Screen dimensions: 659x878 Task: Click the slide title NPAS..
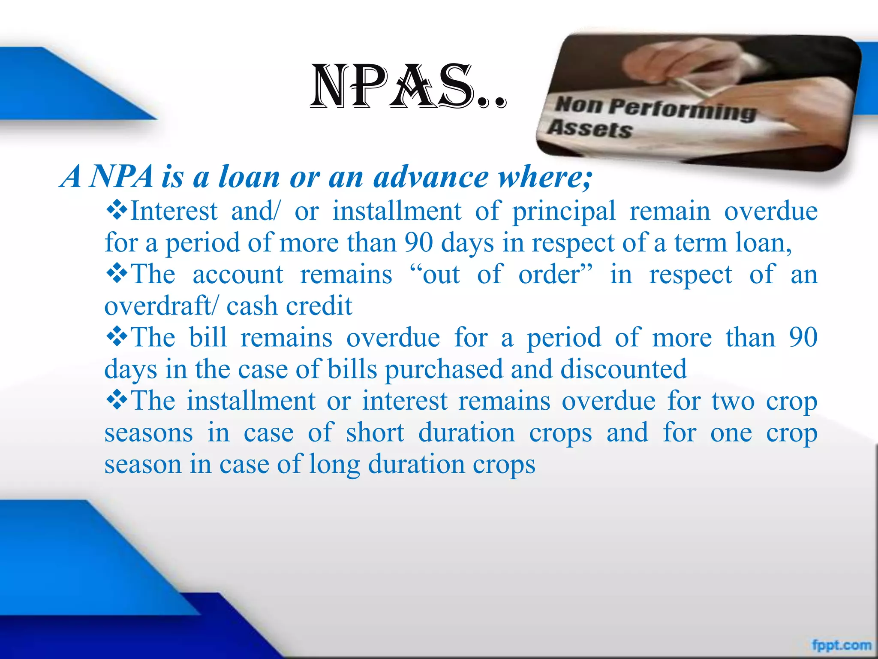coord(407,86)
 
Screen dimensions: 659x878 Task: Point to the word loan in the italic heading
coord(249,177)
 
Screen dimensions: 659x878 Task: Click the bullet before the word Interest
coord(117,210)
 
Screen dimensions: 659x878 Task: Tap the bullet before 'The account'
coord(117,274)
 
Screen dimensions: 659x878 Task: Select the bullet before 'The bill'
coord(117,337)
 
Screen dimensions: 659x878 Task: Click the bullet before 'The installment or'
coord(117,400)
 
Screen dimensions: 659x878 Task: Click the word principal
coord(564,212)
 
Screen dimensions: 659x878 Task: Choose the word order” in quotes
coord(556,275)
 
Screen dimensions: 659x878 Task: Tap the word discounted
coord(623,369)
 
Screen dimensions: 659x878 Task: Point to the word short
coord(375,432)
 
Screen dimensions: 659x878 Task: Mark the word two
coord(733,402)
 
